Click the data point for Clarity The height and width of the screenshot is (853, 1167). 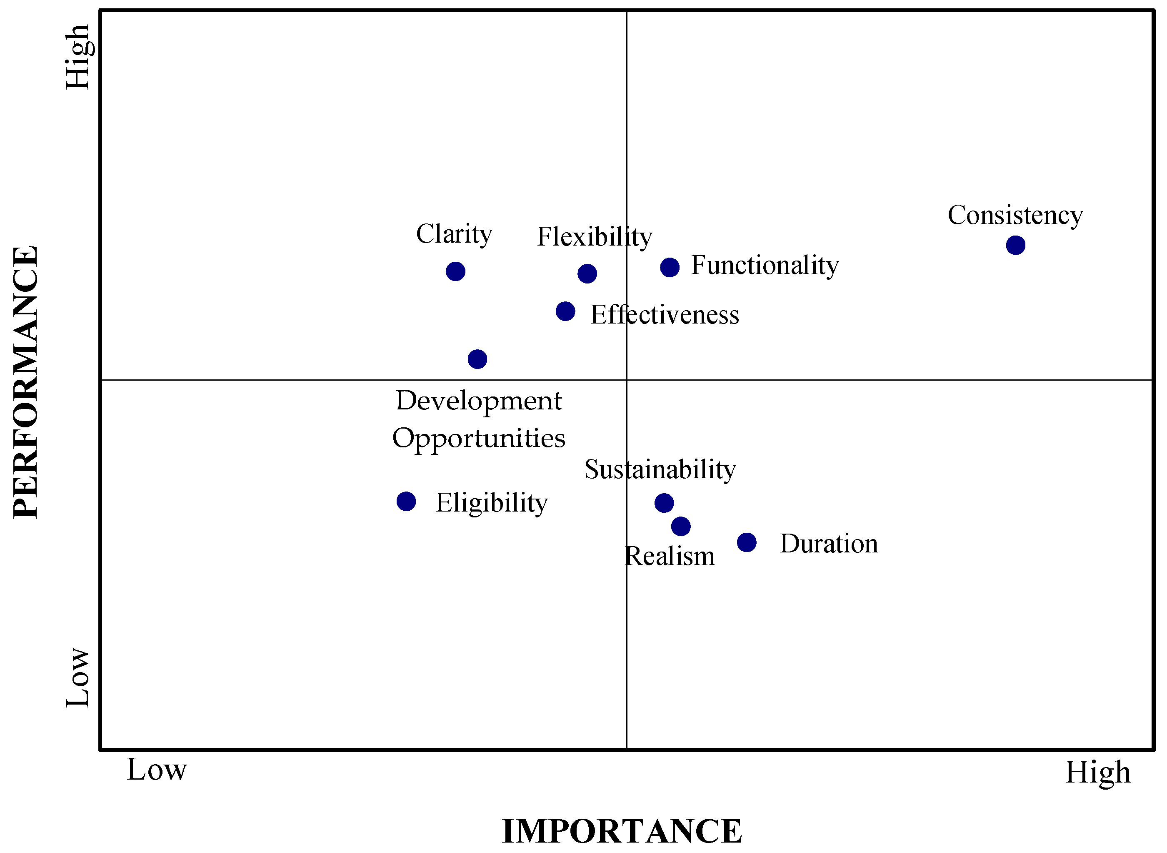point(455,271)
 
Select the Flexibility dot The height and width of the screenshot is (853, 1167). point(587,273)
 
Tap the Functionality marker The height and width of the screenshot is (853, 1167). point(670,267)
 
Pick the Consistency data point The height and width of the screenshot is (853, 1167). point(1016,245)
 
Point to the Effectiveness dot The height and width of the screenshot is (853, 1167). point(565,311)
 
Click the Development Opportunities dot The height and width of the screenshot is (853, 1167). point(477,359)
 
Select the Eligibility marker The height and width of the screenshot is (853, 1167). point(406,501)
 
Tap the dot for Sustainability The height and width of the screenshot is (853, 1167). point(664,502)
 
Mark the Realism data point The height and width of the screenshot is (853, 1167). point(681,526)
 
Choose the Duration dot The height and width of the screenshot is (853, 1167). point(747,542)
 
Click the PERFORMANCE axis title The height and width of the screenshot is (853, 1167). point(26,382)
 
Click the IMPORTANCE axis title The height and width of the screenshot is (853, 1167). point(622,831)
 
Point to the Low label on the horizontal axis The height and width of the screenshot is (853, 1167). point(156,770)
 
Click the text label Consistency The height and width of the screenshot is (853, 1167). point(1015,215)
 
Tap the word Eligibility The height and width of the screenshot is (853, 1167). point(491,503)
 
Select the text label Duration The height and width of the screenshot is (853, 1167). point(829,544)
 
